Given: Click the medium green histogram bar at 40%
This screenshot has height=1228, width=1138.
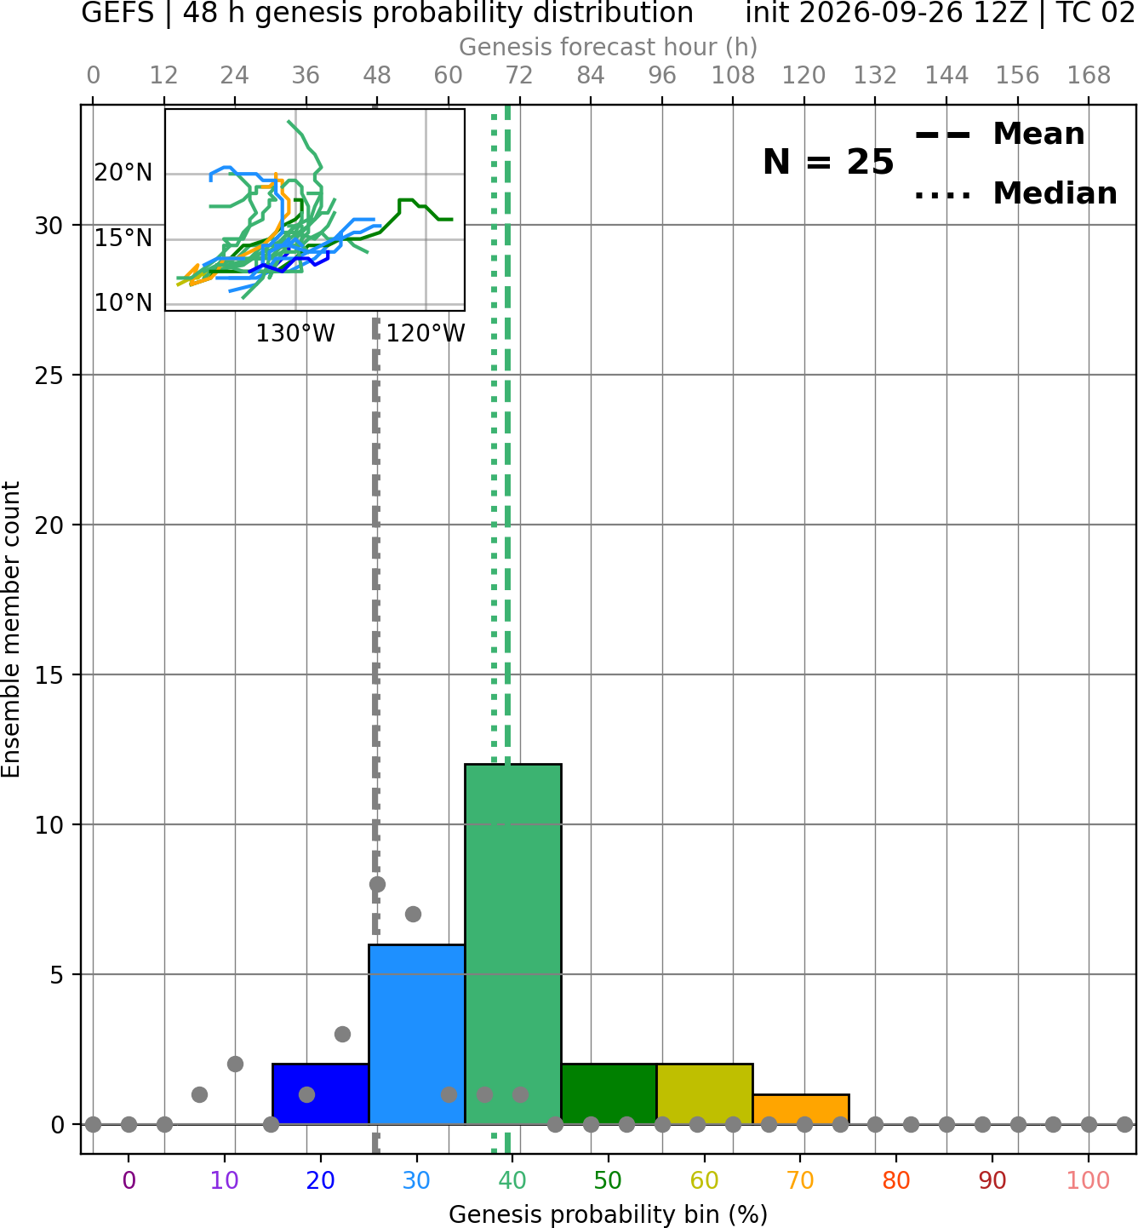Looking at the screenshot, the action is [513, 944].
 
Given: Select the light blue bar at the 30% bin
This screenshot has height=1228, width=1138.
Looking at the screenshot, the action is [417, 1034].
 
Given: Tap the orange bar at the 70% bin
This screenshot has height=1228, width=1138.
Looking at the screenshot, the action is [801, 1110].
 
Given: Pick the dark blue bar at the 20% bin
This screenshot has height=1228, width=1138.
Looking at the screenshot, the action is [321, 1093].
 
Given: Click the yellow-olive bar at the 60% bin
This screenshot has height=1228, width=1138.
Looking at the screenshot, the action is [705, 1093].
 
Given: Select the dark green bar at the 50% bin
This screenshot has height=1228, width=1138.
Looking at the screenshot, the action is [609, 1093].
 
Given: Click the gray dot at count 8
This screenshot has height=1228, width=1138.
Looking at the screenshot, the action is [377, 884].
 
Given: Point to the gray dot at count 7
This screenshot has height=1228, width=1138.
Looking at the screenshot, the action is [413, 914].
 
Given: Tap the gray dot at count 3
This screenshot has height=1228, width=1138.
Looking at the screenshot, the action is [342, 1034].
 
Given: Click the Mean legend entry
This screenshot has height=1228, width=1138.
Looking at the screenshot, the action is [999, 135].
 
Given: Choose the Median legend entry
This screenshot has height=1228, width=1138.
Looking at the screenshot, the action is [1015, 193].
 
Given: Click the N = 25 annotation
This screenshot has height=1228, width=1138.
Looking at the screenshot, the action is [828, 162].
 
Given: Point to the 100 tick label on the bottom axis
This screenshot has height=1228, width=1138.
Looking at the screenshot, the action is [1089, 1180].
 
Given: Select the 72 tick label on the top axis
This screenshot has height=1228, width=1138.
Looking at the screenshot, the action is [519, 76].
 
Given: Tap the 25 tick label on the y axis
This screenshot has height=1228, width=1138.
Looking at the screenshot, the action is [49, 376].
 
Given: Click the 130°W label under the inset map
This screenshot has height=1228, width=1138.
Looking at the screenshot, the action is [295, 333].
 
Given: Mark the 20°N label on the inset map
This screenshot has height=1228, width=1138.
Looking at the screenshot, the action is [123, 173].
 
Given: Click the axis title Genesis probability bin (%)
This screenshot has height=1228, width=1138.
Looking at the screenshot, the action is [609, 1214].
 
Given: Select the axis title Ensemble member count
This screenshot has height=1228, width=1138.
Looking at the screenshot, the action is [10, 629].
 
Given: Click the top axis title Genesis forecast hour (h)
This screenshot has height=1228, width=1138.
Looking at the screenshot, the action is [609, 47].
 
